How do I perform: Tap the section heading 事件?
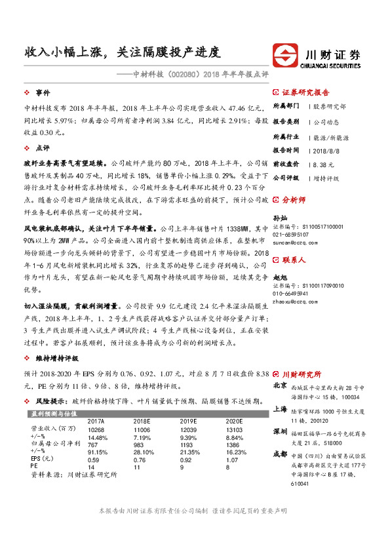coord(43,92)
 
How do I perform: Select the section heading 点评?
coord(43,148)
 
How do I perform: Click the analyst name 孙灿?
coord(280,218)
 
